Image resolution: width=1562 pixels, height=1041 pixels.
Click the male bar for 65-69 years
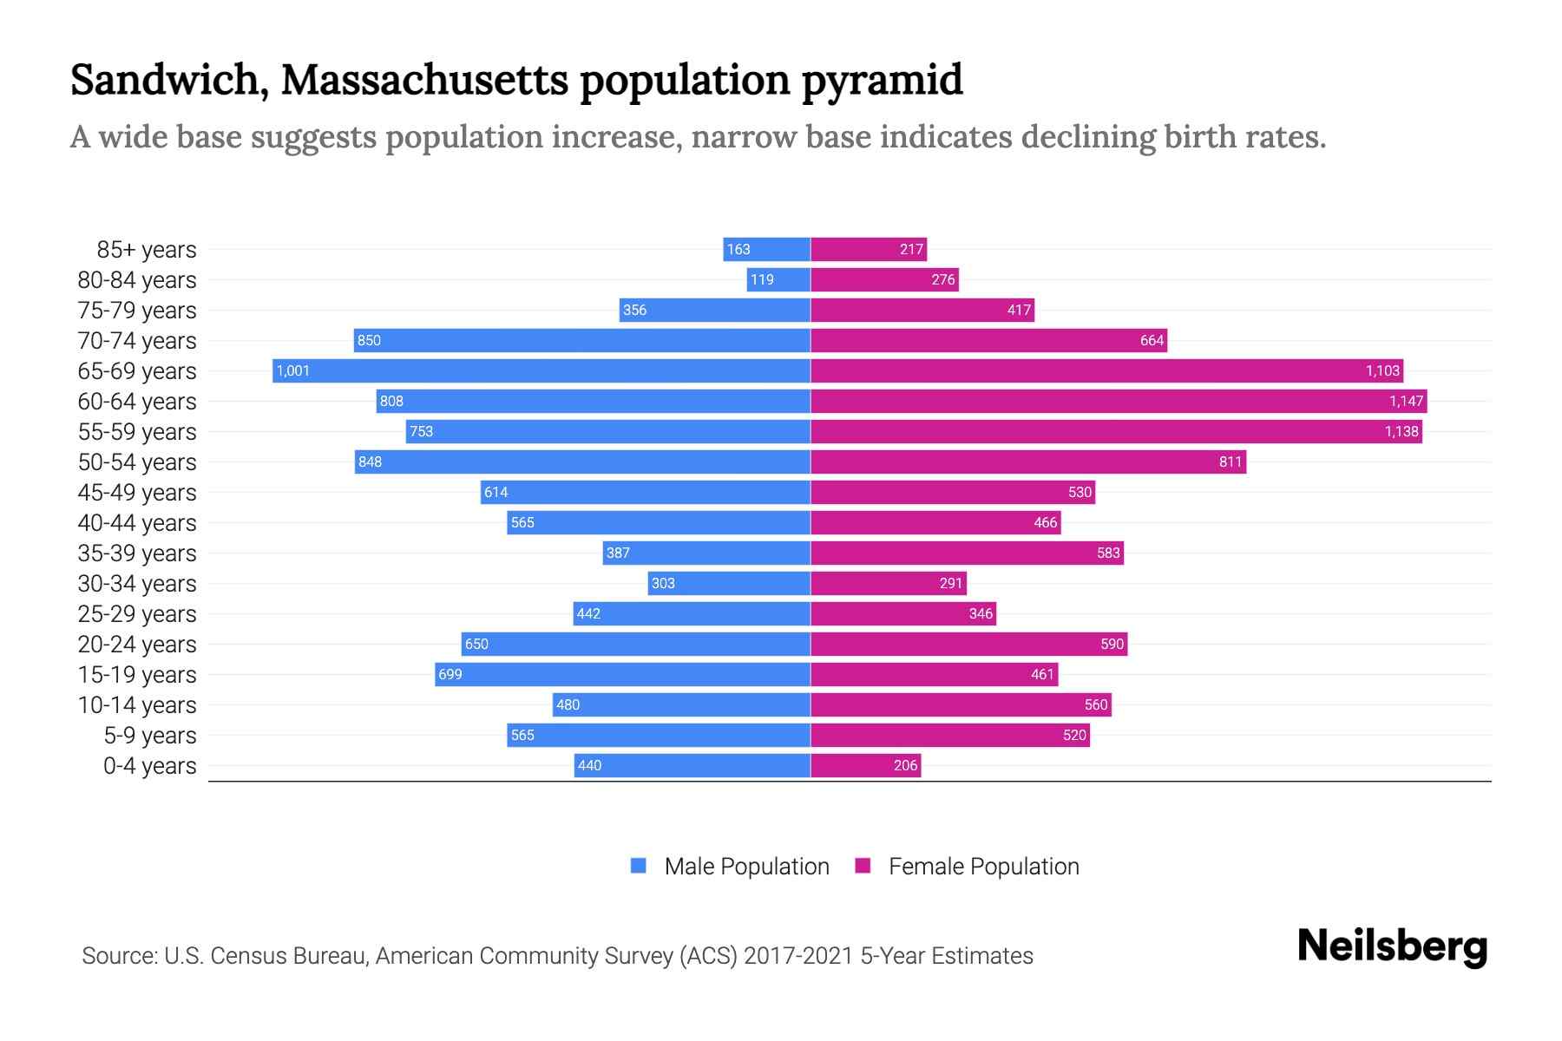click(541, 370)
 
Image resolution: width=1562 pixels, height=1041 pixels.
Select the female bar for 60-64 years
click(1119, 401)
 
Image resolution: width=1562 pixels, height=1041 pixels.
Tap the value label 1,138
click(1401, 431)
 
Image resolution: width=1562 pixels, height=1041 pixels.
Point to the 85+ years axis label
click(146, 250)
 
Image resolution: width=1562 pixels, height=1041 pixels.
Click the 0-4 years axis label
click(149, 766)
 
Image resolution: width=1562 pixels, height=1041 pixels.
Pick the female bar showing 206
click(865, 765)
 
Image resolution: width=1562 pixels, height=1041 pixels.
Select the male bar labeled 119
click(778, 279)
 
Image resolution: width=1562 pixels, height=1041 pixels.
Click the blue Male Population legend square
click(639, 866)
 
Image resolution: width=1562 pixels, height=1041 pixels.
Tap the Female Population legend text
click(983, 867)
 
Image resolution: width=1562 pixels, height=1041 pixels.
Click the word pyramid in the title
click(882, 80)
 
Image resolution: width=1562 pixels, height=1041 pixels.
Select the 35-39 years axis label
click(137, 553)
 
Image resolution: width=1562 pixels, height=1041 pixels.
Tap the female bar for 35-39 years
click(967, 553)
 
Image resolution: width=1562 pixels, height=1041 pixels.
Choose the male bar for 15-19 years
click(622, 674)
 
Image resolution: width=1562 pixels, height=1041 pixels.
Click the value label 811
click(1230, 462)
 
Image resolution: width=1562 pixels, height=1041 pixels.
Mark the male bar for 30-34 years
click(729, 583)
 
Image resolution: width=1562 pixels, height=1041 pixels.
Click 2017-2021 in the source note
click(797, 956)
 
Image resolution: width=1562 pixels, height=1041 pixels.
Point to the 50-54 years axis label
click(137, 462)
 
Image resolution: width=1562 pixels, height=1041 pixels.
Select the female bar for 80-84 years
click(884, 279)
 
